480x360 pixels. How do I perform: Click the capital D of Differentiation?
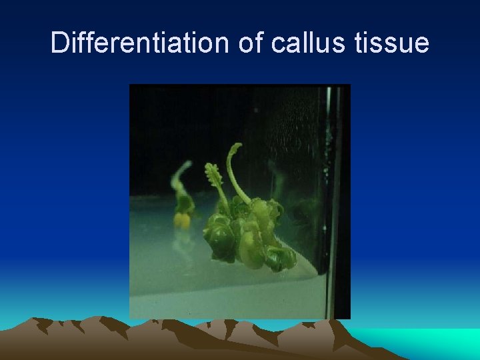[x=59, y=43]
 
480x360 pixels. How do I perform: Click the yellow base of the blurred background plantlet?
[x=181, y=219]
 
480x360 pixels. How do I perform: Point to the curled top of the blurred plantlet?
[x=179, y=170]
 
